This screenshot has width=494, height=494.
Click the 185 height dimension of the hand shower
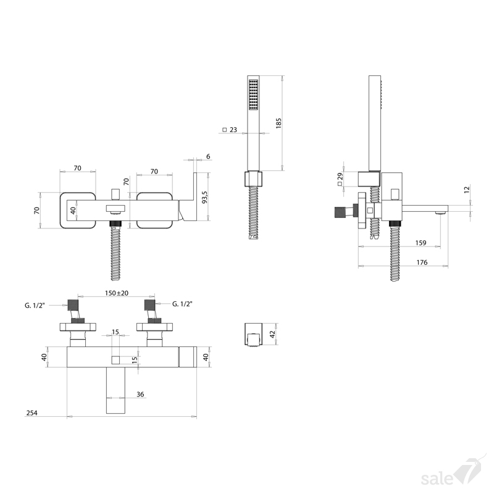[278, 123]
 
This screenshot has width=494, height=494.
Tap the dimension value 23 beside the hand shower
[233, 130]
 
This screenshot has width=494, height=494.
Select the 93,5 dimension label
[205, 197]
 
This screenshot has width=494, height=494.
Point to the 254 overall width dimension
[32, 412]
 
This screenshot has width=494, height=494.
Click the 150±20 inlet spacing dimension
[117, 293]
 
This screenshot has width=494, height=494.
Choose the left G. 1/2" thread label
[35, 305]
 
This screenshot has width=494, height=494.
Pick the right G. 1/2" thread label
[182, 304]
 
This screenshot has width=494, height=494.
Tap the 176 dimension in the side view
[422, 262]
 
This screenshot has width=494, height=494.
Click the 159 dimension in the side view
[421, 243]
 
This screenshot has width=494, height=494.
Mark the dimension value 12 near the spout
[467, 190]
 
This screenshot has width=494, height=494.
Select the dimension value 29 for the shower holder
[340, 177]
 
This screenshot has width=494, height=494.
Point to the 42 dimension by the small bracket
[273, 333]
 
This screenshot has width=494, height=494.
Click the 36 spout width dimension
[140, 394]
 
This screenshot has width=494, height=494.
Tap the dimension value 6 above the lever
[208, 157]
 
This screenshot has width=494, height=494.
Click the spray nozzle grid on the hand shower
[253, 95]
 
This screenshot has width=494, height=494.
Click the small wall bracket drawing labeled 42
[253, 335]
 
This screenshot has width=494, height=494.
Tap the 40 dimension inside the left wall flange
[73, 211]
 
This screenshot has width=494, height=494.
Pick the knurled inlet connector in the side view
[338, 212]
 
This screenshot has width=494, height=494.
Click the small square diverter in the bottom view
[115, 360]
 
